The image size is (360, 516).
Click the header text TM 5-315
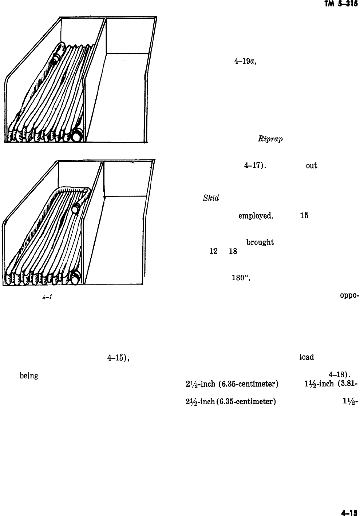point(345,5)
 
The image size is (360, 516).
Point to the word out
point(312,167)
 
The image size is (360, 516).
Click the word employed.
point(256,215)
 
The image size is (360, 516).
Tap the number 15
point(304,215)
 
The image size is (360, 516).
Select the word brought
point(260,243)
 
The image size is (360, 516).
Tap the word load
point(306,357)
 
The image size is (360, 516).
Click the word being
point(29,376)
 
